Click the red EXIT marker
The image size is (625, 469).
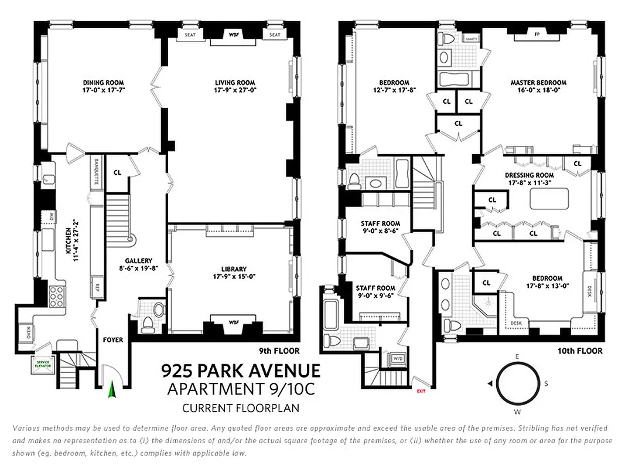tap(420, 390)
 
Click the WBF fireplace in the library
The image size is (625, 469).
tap(233, 322)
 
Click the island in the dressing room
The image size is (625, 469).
tap(546, 199)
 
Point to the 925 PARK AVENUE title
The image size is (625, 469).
tap(241, 371)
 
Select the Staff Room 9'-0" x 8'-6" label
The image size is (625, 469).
tap(381, 227)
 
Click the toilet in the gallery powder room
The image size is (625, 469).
tap(148, 321)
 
